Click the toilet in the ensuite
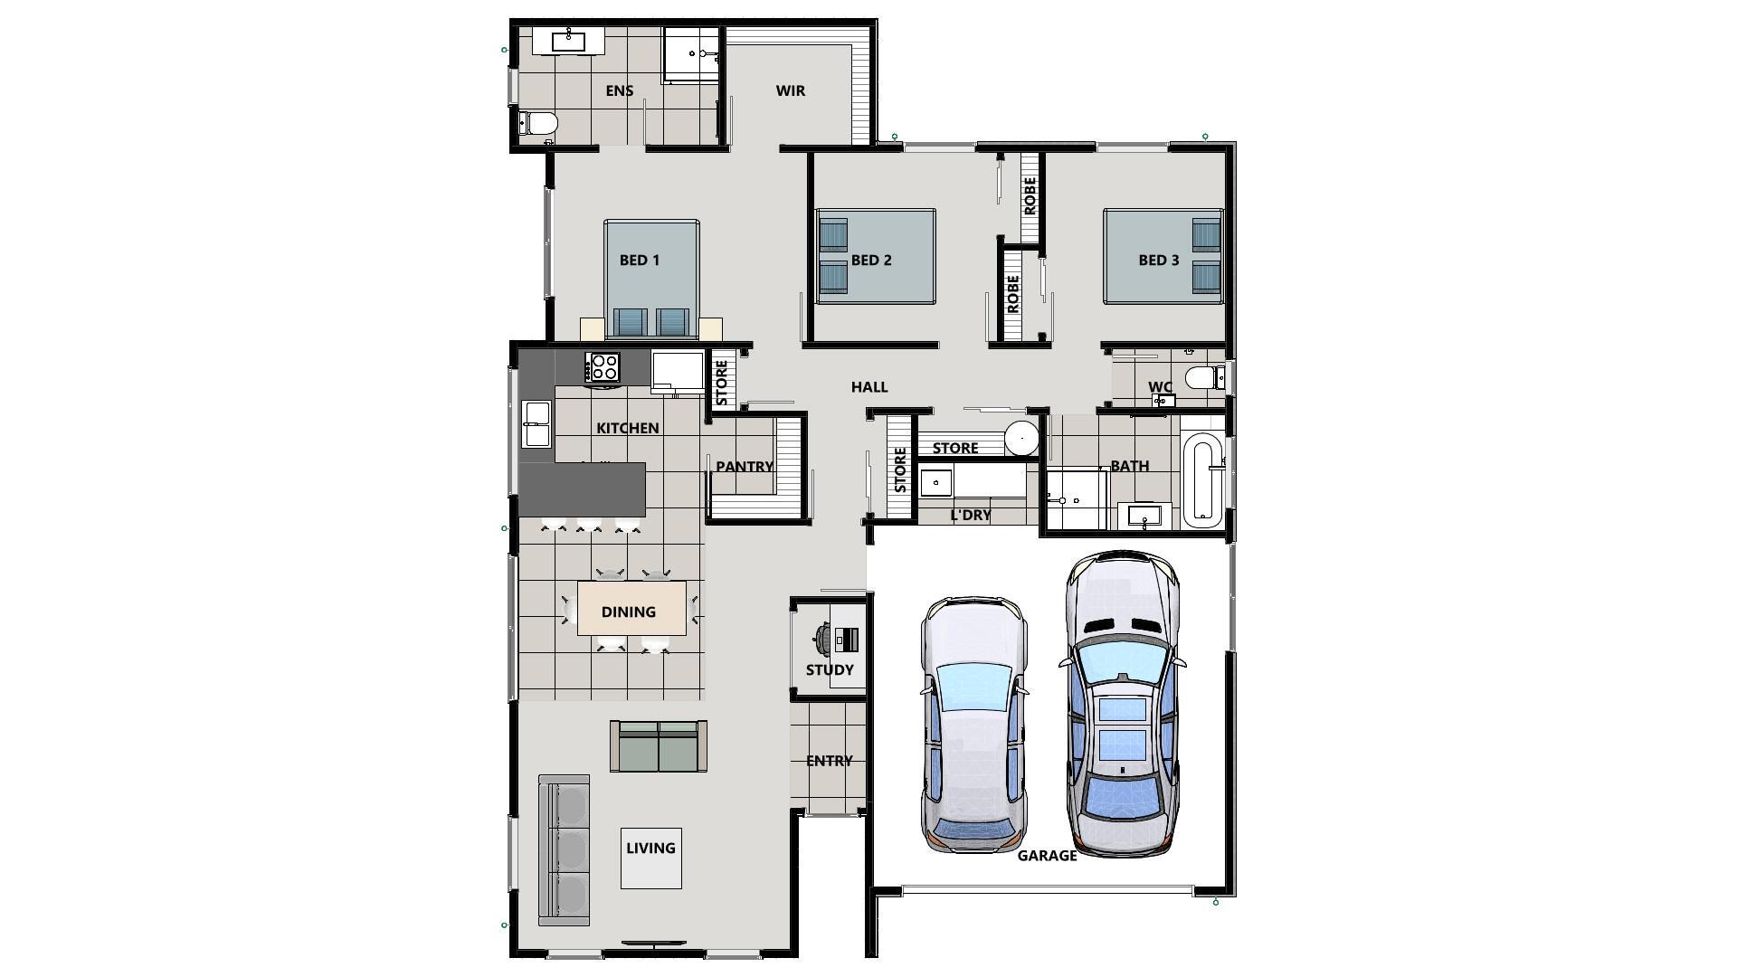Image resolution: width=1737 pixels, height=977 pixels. pos(539,123)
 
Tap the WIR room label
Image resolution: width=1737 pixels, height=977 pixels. pos(790,90)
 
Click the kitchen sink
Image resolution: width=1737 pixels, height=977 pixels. pos(536,424)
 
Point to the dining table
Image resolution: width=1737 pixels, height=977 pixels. pos(631,608)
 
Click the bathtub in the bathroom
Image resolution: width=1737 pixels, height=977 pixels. pos(1201,479)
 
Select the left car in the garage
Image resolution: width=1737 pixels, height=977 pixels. pos(974,724)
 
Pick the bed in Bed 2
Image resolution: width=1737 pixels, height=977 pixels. pos(875,257)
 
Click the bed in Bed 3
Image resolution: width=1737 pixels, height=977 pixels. pos(1163,257)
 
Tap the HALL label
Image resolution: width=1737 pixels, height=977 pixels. pos(868,387)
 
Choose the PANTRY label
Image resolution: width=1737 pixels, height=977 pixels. pos(744,467)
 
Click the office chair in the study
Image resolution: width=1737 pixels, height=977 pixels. pos(823,639)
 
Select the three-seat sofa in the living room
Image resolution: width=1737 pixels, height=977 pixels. pos(564,849)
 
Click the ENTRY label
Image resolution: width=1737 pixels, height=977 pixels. pos(829,761)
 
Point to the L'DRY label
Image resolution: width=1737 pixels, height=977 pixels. pos(970,515)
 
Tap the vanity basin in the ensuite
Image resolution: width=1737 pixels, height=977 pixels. pos(568,40)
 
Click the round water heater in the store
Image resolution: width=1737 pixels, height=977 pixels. pos(1021,438)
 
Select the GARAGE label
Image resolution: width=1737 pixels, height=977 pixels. pos(1047,855)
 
